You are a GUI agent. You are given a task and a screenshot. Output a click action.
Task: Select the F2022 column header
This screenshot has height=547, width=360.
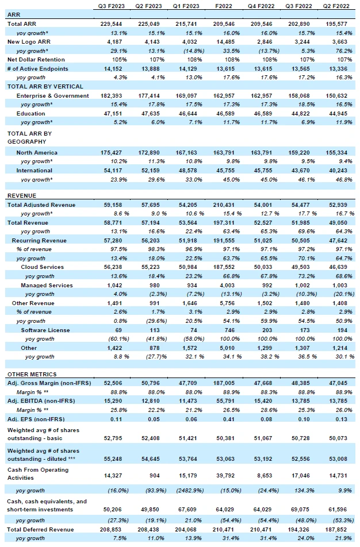pos(224,6)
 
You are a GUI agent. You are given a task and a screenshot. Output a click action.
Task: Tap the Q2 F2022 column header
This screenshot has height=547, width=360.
pos(336,6)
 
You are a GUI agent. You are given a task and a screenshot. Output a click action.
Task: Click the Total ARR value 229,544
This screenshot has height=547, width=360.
pos(113,24)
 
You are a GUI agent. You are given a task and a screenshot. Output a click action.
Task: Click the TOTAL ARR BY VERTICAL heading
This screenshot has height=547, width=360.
pos(45,87)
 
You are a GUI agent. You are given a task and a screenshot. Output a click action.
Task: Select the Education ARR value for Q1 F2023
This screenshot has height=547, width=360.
pos(187,114)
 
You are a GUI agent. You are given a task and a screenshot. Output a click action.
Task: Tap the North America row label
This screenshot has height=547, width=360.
pos(37,153)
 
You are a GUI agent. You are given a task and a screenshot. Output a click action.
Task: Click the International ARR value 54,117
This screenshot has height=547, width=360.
pos(113,171)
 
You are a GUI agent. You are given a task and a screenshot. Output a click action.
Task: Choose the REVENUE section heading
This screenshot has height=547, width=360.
pos(22,196)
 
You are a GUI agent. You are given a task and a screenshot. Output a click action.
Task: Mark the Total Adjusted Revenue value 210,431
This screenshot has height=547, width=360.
pos(224,205)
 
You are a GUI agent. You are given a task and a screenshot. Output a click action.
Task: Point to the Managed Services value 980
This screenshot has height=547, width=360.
pos(154,286)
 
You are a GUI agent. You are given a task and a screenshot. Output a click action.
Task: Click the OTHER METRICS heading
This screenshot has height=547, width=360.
pos(32,374)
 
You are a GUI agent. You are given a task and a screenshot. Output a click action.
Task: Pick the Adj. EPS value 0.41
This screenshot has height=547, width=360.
pos(229,419)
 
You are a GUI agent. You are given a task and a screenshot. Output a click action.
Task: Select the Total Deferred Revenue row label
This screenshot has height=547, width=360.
pos(40,530)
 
